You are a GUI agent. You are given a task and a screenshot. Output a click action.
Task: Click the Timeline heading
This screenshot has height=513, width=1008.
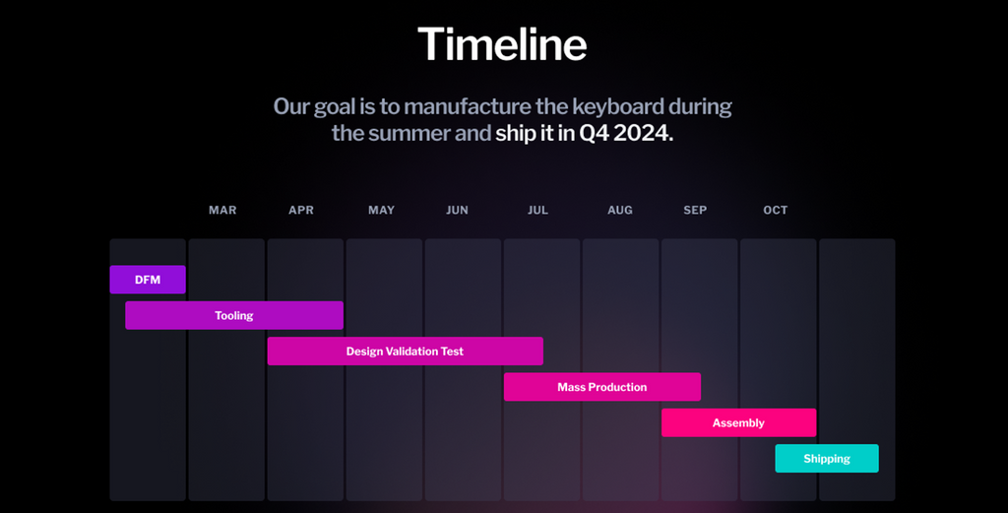502,44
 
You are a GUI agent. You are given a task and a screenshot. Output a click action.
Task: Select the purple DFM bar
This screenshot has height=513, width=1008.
148,280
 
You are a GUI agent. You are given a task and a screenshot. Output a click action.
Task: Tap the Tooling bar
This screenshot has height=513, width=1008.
234,316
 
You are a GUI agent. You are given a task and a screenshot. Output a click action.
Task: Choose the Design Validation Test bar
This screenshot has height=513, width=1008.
405,351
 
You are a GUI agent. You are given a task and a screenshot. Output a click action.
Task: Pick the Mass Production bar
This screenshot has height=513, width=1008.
602,387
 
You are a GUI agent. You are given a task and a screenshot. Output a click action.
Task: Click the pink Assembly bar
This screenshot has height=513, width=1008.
738,423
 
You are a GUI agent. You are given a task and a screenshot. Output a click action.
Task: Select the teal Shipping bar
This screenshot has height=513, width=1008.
827,459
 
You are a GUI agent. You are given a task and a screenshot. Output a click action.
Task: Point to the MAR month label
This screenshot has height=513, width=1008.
222,210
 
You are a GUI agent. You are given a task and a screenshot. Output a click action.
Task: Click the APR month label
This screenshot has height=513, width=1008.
301,210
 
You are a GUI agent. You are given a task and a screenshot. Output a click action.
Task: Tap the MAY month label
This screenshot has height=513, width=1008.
381,210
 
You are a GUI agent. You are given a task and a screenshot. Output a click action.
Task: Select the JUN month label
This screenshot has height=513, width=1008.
457,210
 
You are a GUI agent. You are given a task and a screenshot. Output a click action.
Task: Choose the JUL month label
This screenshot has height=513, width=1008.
538,210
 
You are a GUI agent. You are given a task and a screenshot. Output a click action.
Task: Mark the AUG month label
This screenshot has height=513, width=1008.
620,210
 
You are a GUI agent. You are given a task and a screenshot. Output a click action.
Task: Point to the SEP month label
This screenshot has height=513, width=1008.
695,210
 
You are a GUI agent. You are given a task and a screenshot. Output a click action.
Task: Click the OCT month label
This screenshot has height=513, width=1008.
776,210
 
